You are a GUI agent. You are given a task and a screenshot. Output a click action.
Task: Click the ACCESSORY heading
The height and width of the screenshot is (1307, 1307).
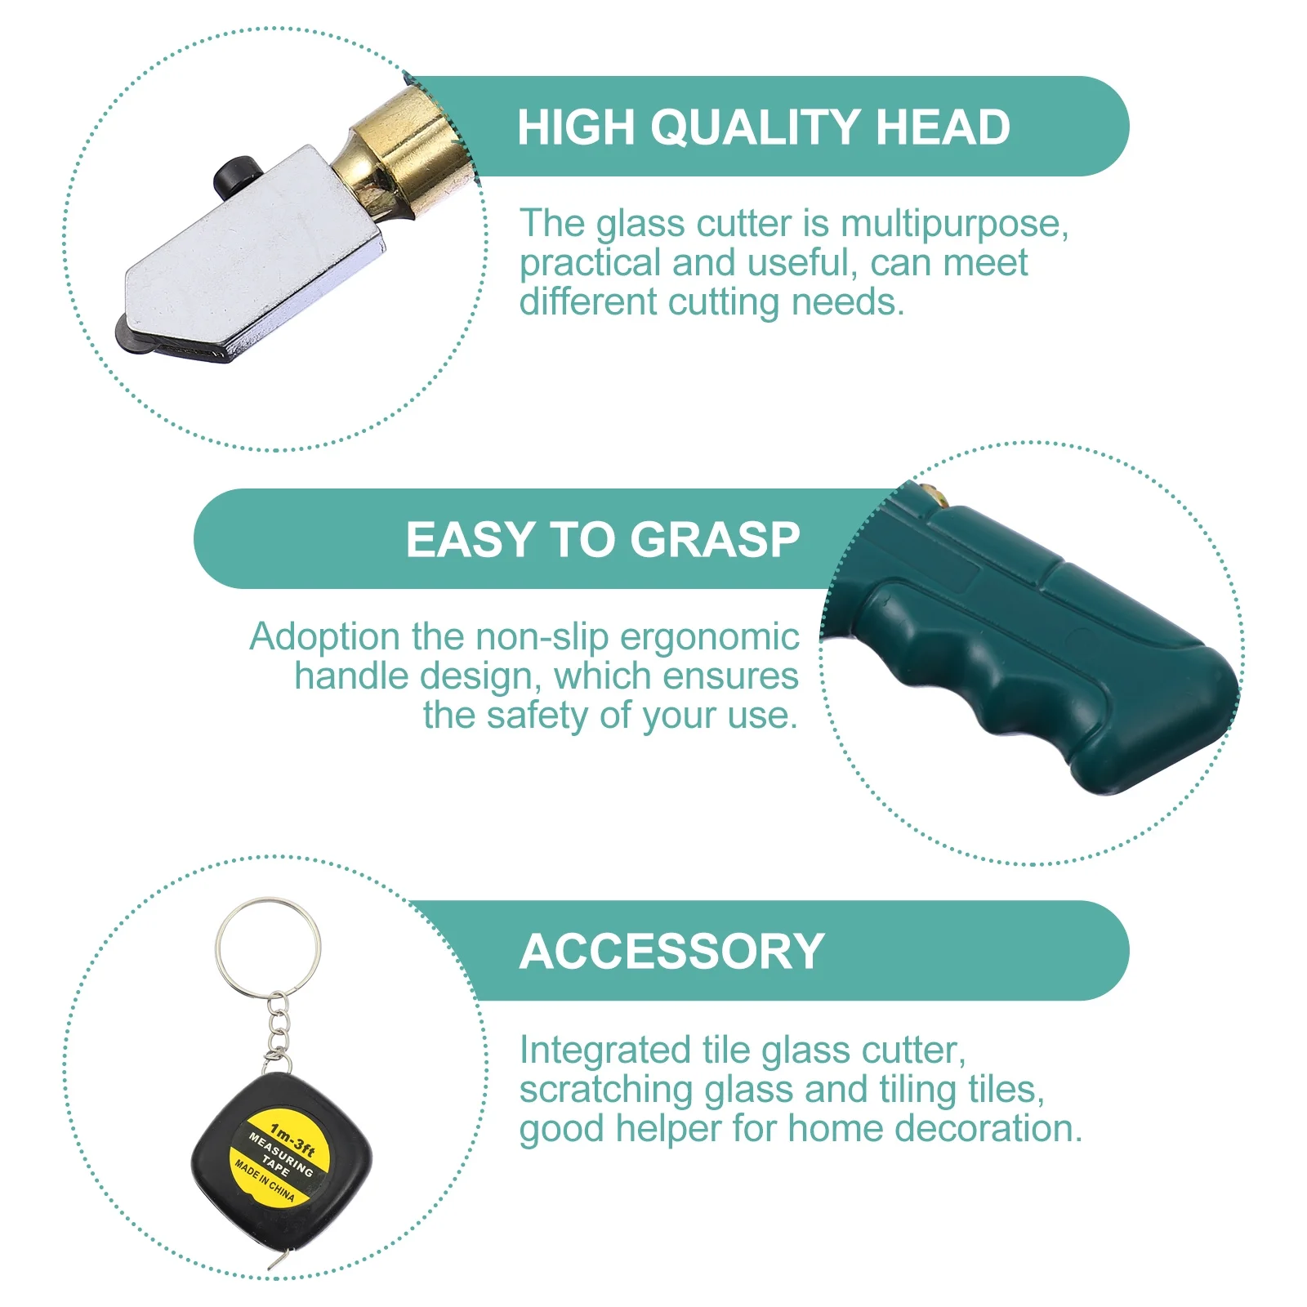[671, 952]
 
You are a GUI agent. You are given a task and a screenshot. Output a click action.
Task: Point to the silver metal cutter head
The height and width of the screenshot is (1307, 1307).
[253, 261]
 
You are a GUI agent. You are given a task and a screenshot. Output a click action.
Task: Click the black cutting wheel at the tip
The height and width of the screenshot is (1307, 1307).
[131, 335]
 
